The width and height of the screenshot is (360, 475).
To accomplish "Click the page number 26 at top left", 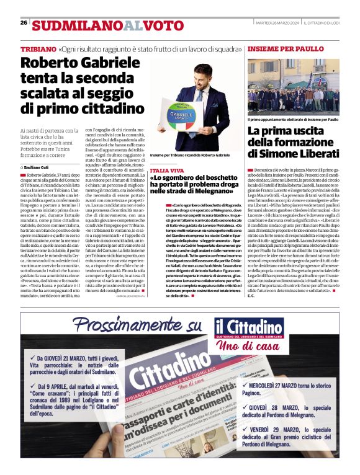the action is coord(24,22).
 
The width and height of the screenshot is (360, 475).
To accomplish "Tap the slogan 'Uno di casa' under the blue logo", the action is coord(251,346).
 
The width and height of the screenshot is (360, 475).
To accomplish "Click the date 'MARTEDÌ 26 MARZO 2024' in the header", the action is coord(279,23).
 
